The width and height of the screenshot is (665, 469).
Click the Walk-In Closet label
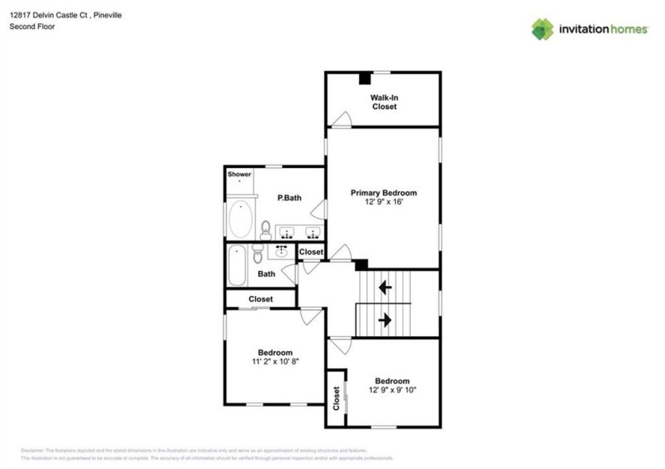click(383, 102)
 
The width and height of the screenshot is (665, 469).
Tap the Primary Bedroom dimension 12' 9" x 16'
click(383, 202)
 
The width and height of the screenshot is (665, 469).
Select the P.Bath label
click(289, 197)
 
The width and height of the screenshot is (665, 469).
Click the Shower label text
click(239, 175)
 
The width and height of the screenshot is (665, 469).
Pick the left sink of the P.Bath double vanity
click(288, 231)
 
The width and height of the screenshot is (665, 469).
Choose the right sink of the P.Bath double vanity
click(313, 231)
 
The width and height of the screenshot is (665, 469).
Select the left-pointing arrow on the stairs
click(386, 288)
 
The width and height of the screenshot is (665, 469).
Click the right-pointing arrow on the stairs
click(386, 319)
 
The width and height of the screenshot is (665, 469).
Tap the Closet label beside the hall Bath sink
click(311, 252)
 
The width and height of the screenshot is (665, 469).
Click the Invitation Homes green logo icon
click(543, 29)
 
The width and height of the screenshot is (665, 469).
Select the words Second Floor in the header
click(31, 27)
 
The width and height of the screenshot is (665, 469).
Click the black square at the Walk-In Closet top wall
click(364, 79)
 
